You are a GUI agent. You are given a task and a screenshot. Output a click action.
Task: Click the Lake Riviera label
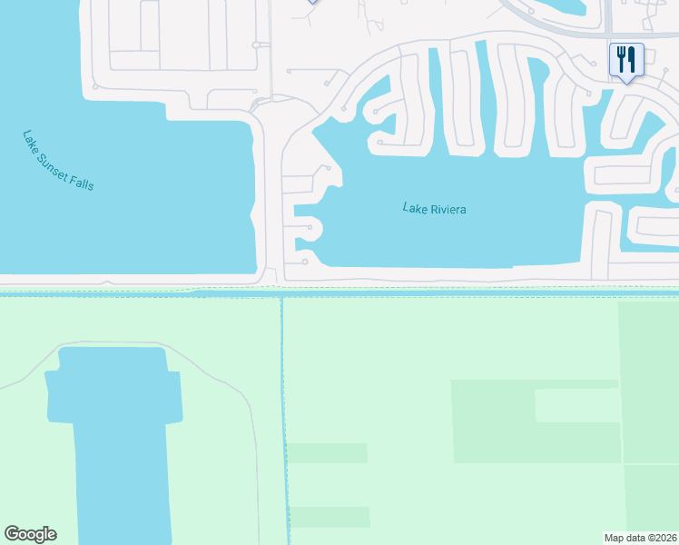(x=434, y=210)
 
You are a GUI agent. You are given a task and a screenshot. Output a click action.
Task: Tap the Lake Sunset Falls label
(x=58, y=161)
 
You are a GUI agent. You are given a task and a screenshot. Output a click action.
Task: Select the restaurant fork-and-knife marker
(x=626, y=60)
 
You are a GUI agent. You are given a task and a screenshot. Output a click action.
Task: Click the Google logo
(x=30, y=534)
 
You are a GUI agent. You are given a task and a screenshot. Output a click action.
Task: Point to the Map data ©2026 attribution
(x=641, y=538)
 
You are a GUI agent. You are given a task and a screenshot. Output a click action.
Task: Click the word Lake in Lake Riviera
(x=414, y=209)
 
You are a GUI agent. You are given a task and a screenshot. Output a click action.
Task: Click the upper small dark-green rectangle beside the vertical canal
(x=328, y=453)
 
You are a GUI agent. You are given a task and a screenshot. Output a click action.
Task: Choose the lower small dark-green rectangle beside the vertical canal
(x=329, y=517)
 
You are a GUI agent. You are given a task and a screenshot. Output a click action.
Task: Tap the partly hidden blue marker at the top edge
(x=312, y=2)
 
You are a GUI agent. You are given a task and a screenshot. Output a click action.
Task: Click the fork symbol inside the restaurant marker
(x=620, y=59)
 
